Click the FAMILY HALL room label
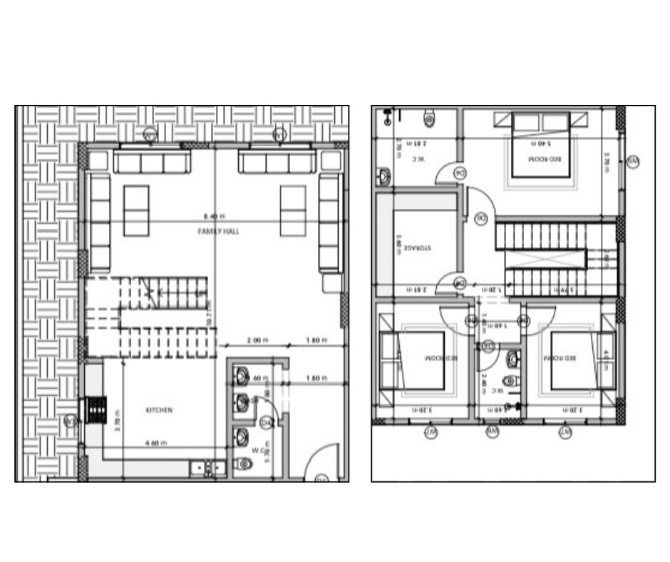tap(219, 232)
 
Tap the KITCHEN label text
tap(159, 410)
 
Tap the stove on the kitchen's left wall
tap(96, 410)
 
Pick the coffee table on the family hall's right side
tap(293, 210)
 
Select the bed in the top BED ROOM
tap(541, 151)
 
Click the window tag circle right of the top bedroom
tap(632, 163)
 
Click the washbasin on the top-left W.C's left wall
tap(383, 175)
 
